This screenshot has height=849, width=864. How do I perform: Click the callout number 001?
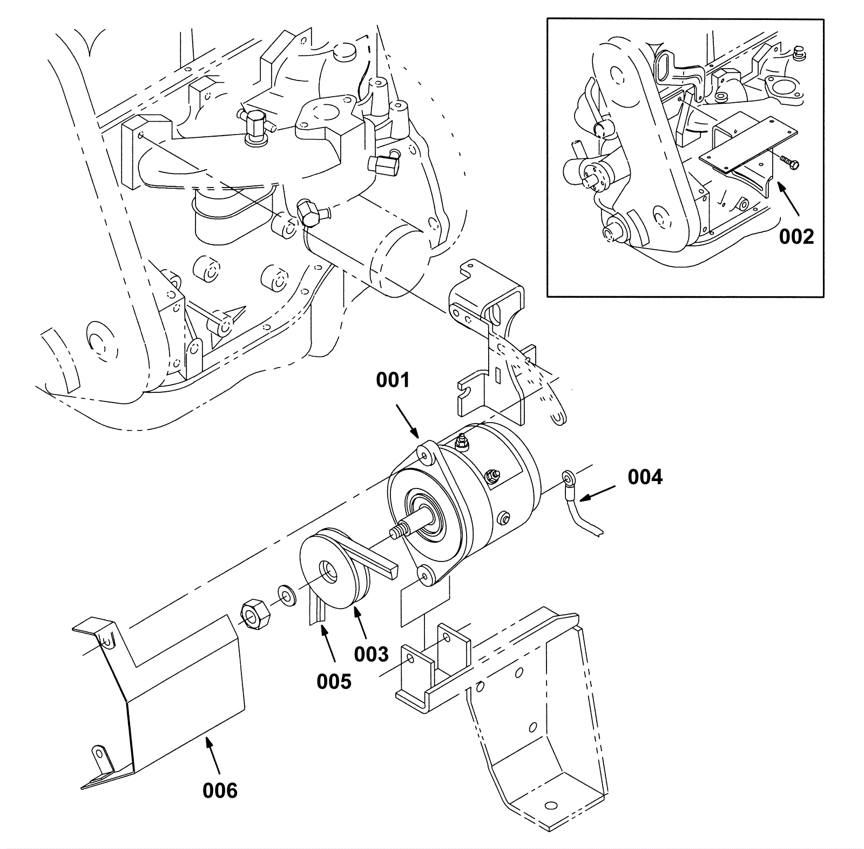(x=393, y=380)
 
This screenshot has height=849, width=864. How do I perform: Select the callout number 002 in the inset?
(x=796, y=236)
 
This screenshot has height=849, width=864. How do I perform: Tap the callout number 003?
(x=371, y=654)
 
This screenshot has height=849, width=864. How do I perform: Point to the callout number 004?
(x=645, y=477)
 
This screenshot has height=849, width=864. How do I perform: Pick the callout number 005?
(x=334, y=681)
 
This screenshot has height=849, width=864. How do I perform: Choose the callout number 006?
(x=220, y=791)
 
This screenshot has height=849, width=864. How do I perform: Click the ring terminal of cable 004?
(x=569, y=477)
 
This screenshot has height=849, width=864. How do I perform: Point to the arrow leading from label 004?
(x=599, y=493)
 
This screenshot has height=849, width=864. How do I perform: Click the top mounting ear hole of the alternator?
(x=425, y=455)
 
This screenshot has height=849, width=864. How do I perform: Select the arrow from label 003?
(x=361, y=621)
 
